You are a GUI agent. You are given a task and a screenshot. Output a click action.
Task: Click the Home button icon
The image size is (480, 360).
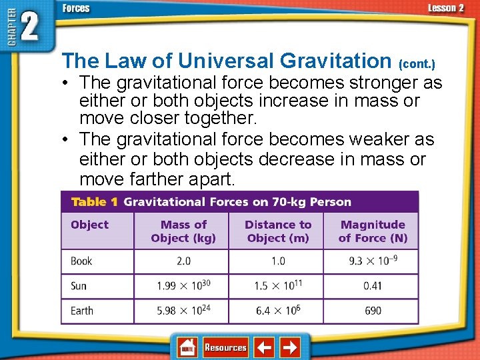187,347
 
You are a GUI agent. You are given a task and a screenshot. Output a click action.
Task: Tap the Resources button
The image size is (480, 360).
225,347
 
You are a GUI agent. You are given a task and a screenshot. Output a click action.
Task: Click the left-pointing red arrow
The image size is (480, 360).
265,347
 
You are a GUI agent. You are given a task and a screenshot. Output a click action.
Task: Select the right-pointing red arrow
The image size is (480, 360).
289,347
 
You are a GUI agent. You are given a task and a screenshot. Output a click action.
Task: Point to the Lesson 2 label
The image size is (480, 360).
445,8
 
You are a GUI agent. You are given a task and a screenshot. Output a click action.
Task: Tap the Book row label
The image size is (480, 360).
81,261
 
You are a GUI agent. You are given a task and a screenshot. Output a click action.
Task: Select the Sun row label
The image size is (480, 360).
79,286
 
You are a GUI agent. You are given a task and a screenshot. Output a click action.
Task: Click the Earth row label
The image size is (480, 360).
82,311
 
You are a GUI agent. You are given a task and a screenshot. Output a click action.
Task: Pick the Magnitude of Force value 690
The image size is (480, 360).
373,311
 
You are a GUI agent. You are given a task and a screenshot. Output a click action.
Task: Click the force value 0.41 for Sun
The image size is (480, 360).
373,286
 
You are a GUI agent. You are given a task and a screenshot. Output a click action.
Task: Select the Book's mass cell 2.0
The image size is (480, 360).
183,261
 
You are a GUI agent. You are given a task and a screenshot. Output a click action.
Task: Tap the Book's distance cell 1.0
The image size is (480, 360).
278,261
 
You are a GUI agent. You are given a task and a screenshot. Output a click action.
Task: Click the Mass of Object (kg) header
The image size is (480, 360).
183,231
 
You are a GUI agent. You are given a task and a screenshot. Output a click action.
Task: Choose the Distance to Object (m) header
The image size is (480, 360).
278,231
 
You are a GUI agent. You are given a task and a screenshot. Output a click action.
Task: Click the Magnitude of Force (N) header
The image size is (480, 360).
373,231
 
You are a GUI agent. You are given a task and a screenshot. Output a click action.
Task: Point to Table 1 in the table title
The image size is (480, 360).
94,202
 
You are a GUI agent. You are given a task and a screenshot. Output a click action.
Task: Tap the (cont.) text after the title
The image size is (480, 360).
417,64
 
